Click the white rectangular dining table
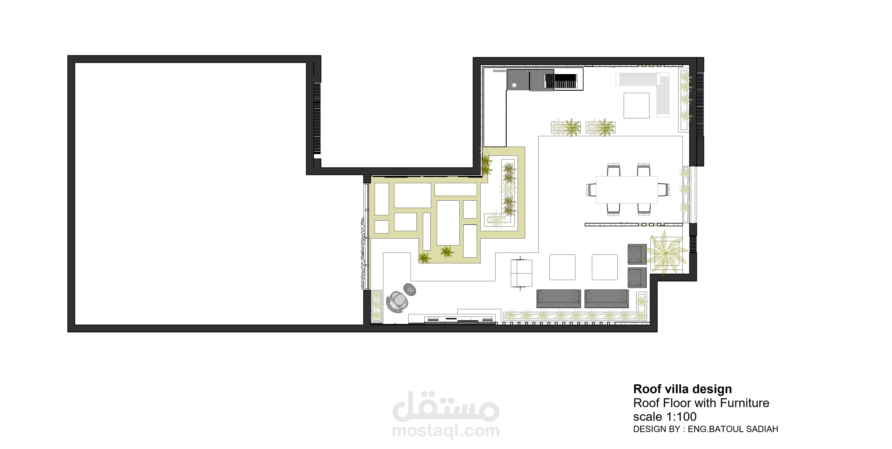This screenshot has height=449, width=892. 626,189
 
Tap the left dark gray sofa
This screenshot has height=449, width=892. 558,298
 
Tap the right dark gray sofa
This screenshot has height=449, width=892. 606,298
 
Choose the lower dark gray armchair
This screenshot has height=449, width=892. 637,277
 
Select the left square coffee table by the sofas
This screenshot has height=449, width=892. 562,267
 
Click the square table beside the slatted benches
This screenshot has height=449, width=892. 636,105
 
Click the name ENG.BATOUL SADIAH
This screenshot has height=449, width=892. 733,429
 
